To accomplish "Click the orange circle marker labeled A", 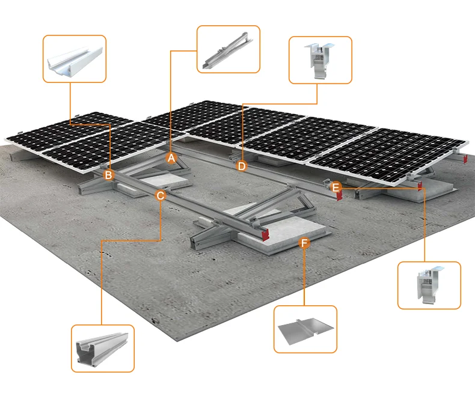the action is pyautogui.click(x=171, y=158).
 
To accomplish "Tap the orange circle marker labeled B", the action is pyautogui.click(x=109, y=175).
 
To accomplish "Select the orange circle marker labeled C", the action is pyautogui.click(x=161, y=195).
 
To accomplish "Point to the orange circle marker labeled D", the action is pyautogui.click(x=242, y=166).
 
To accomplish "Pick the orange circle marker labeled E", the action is pyautogui.click(x=336, y=187).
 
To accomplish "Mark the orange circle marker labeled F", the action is pyautogui.click(x=304, y=243).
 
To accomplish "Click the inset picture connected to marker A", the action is pyautogui.click(x=228, y=50).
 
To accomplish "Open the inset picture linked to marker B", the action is pyautogui.click(x=75, y=58).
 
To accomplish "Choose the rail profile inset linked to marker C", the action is pyautogui.click(x=102, y=349).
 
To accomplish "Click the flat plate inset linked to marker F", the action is pyautogui.click(x=305, y=329).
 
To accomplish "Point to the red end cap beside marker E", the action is pyautogui.click(x=340, y=197).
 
